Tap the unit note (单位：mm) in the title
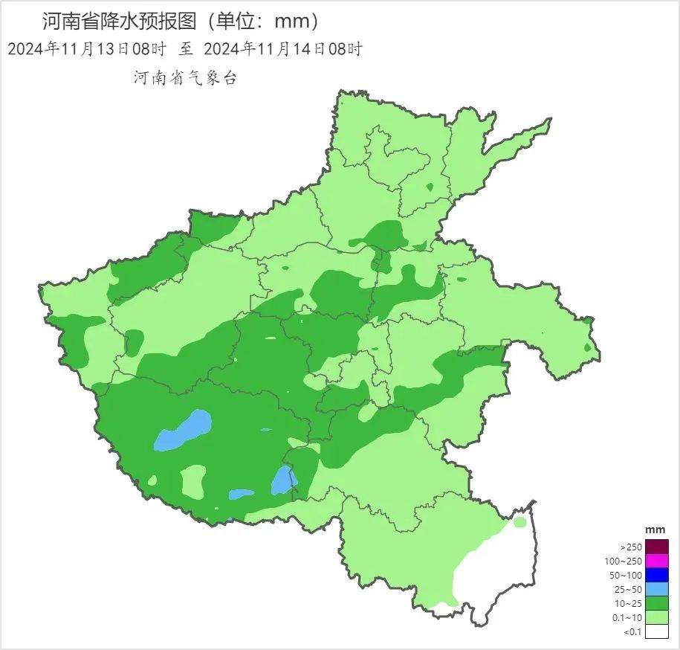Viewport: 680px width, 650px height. click(x=263, y=20)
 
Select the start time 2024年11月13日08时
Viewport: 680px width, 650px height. click(x=86, y=49)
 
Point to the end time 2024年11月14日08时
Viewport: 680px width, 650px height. click(x=282, y=49)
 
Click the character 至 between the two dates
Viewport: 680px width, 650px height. click(x=185, y=49)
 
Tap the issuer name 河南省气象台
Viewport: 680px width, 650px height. click(x=185, y=77)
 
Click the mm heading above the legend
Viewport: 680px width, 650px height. click(x=655, y=529)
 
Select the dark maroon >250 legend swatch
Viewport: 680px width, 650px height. click(x=657, y=547)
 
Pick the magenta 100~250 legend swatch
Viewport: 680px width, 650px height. click(x=657, y=561)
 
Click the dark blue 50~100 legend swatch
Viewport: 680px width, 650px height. click(x=657, y=575)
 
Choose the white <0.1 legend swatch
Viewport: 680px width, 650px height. click(x=657, y=631)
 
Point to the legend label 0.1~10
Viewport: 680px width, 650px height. click(x=627, y=617)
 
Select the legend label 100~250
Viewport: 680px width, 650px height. click(x=624, y=561)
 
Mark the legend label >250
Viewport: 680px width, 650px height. click(x=631, y=547)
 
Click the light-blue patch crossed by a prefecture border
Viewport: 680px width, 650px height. click(x=282, y=480)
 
